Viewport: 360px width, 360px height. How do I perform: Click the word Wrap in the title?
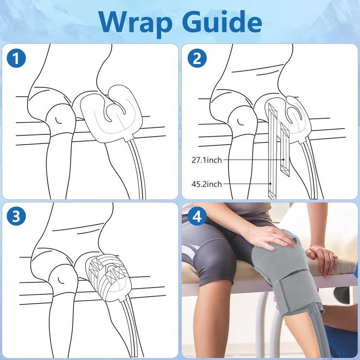coord(135,22)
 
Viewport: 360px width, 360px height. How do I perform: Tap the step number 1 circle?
coord(16,58)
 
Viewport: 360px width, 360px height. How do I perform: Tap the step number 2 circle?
coord(197,58)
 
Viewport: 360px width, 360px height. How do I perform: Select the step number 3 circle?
coord(16,216)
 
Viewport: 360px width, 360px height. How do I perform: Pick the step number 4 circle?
coord(197,216)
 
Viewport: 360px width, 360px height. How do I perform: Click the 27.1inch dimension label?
coord(207,160)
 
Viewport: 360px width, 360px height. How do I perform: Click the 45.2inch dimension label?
coord(207,184)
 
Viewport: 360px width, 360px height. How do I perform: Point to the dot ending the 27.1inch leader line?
coord(284,159)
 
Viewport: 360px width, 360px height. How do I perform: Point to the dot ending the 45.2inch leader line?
coord(271,184)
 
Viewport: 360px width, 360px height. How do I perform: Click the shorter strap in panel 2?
coord(285,149)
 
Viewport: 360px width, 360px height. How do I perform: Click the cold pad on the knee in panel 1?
coord(111,114)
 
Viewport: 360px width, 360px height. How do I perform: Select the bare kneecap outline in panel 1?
coord(60,120)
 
